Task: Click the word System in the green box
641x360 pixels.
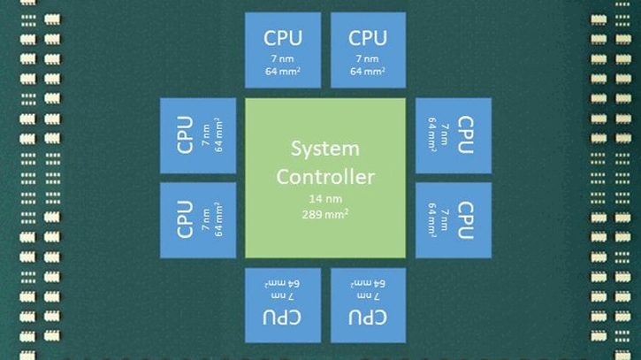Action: (324, 149)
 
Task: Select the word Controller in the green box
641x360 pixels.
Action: (324, 176)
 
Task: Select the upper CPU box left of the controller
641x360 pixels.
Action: (197, 135)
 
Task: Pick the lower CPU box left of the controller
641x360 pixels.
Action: (197, 219)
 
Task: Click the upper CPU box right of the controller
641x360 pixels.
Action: (453, 135)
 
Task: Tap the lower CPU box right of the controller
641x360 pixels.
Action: (453, 219)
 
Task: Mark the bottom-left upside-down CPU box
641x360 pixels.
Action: (282, 304)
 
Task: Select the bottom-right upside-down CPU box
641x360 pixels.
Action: (367, 304)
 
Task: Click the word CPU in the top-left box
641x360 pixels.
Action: (282, 38)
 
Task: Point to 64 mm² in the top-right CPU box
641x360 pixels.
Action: (367, 73)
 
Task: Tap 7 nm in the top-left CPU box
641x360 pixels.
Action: (282, 58)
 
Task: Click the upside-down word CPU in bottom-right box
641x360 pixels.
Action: (367, 318)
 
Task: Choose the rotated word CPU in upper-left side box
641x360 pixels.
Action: (185, 135)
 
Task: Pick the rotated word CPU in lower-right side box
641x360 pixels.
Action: (467, 219)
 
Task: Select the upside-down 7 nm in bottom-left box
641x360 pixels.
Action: (282, 297)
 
